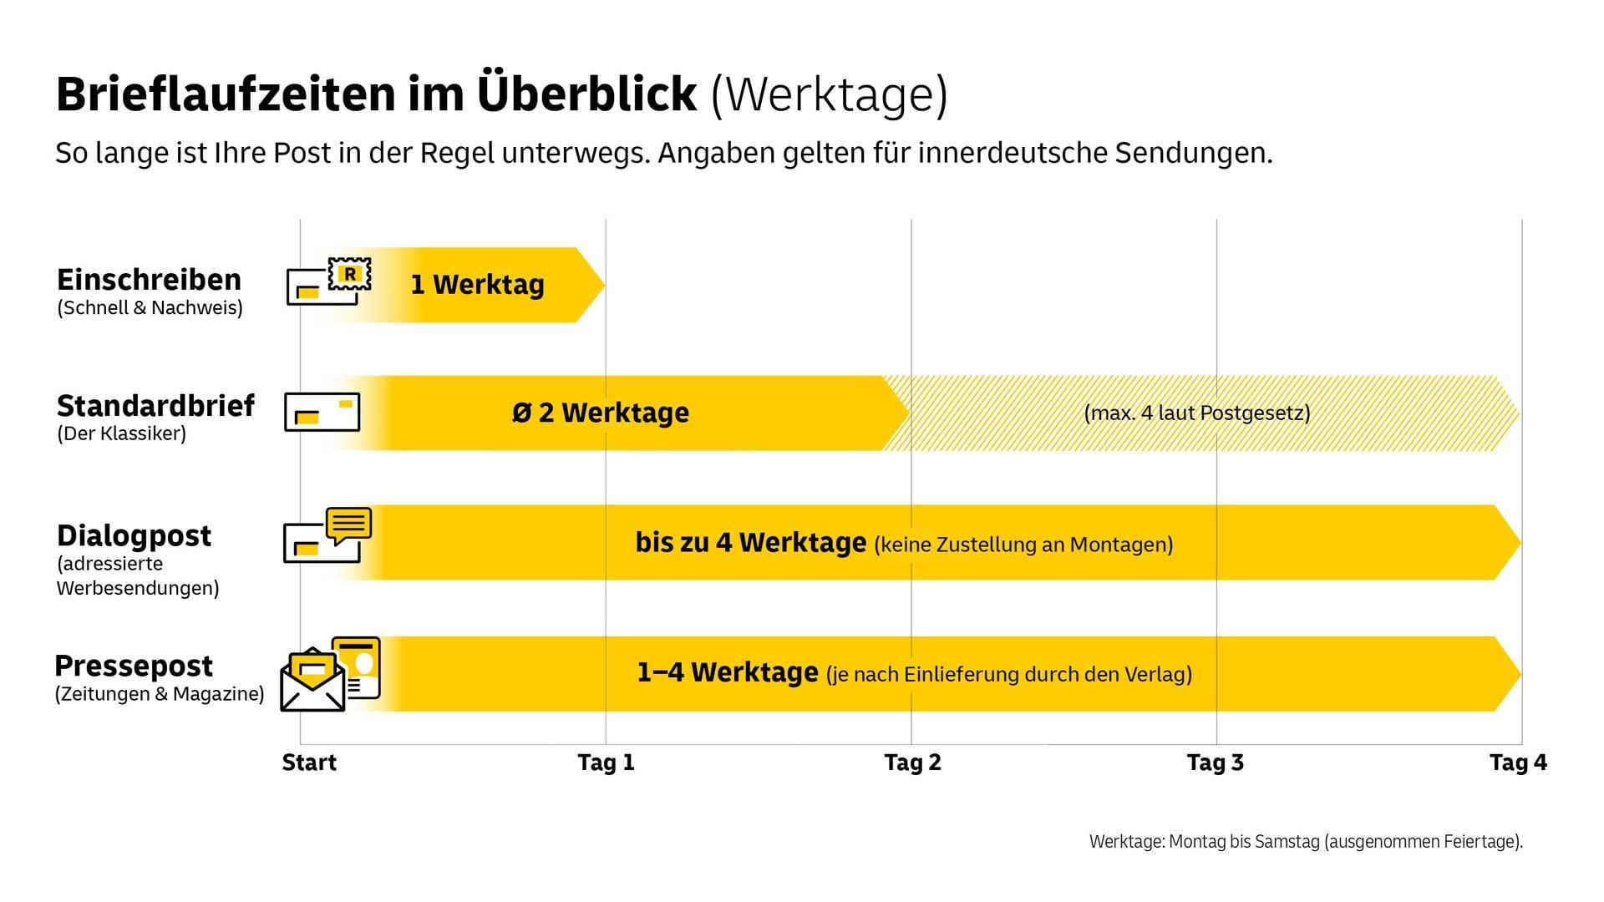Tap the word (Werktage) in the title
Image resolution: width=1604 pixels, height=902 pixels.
(829, 94)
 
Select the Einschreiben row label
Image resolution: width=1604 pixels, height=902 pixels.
(149, 279)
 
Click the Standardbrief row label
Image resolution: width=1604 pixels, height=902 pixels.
(155, 406)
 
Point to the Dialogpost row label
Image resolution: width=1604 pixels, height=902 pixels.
(134, 535)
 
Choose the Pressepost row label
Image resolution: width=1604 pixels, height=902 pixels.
(134, 666)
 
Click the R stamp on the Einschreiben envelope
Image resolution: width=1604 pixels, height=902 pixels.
(350, 274)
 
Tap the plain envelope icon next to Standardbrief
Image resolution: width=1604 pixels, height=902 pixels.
(322, 412)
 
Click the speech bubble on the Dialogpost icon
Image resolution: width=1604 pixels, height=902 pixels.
(348, 525)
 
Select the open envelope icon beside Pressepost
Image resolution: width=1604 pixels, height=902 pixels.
(312, 681)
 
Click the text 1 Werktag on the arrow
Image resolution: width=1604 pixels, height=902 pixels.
(477, 285)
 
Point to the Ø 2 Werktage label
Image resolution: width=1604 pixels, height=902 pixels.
(600, 413)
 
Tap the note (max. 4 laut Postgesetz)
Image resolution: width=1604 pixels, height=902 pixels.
(1196, 413)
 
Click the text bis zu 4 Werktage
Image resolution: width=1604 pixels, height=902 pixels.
(750, 543)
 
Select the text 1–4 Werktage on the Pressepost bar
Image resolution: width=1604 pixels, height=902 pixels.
(727, 672)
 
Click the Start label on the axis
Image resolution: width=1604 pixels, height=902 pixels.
(309, 763)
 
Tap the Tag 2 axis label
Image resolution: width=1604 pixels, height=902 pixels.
(912, 763)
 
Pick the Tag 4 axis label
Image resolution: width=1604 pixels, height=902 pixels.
(1518, 763)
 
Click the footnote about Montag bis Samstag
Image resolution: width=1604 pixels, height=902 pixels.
(1305, 842)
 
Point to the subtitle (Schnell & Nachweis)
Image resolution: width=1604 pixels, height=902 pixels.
(150, 307)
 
